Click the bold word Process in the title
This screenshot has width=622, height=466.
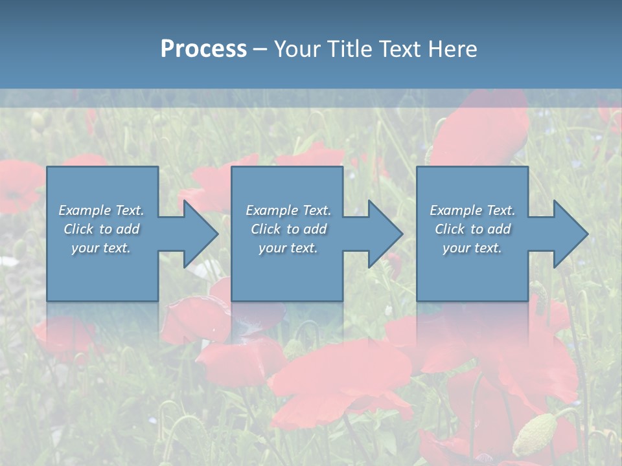(203, 49)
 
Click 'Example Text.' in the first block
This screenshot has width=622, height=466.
(101, 210)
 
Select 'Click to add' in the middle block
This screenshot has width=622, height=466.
(288, 229)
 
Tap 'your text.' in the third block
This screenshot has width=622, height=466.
(472, 248)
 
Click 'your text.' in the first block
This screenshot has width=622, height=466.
(101, 248)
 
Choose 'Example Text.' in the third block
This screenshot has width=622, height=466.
(472, 210)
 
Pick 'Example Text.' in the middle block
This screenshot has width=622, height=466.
(288, 210)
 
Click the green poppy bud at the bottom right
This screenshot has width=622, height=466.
(535, 435)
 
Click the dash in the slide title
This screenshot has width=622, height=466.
(260, 49)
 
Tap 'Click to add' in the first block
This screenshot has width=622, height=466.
(101, 229)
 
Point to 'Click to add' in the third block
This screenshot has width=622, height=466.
(472, 229)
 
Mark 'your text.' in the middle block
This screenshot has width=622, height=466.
(288, 248)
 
